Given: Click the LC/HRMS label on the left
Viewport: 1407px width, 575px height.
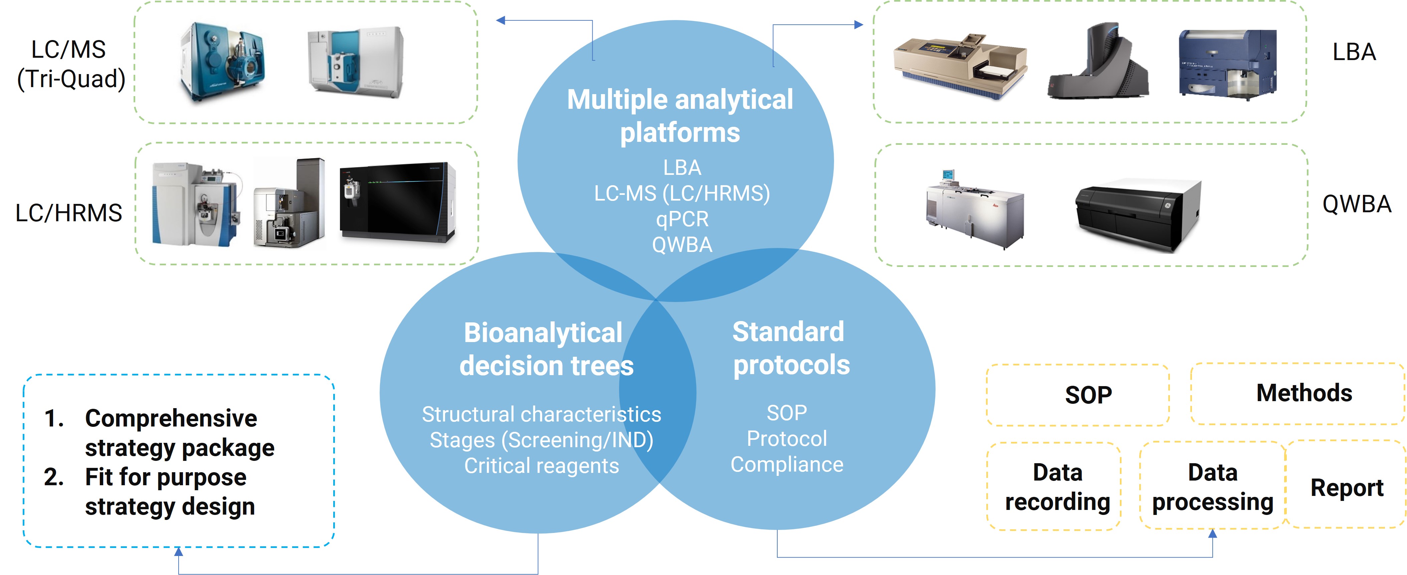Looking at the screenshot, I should pyautogui.click(x=68, y=213).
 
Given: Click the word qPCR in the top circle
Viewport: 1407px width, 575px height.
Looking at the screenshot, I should pyautogui.click(x=682, y=219).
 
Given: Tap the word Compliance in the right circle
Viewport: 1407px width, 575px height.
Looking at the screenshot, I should pyautogui.click(x=787, y=464).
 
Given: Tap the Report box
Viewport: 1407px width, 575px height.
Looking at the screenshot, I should pyautogui.click(x=1346, y=487).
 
